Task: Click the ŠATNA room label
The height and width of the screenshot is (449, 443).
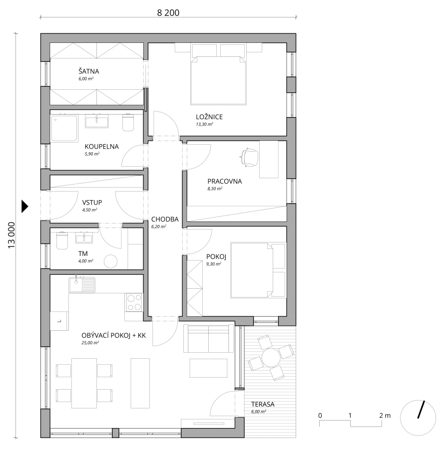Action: tap(88, 71)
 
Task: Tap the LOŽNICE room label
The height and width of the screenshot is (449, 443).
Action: tap(209, 117)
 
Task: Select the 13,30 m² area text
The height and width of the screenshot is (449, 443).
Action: tap(204, 124)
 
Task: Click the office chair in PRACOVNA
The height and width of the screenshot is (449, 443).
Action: tap(249, 157)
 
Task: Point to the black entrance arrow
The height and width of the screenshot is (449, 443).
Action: tap(25, 206)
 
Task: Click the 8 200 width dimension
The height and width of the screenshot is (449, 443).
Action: tap(168, 13)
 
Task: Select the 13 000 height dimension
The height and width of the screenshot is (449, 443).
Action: tap(11, 235)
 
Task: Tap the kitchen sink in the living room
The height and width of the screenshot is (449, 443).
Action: tap(82, 285)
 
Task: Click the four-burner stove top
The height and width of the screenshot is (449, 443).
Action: tap(134, 302)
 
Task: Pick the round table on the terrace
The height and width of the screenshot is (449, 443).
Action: tap(271, 358)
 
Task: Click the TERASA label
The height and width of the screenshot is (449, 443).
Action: tap(263, 404)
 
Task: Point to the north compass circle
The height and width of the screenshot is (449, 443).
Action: tap(418, 418)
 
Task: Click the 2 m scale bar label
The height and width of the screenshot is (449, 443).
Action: tap(385, 415)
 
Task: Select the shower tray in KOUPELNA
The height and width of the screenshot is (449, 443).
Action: tap(64, 129)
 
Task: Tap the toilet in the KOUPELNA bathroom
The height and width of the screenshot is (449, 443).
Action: tap(128, 123)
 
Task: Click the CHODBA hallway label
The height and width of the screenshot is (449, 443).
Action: tap(165, 220)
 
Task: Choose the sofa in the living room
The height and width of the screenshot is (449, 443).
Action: tap(208, 338)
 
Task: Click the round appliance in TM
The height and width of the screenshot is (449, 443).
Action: tap(110, 261)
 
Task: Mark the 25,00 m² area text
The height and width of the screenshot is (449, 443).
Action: tap(90, 343)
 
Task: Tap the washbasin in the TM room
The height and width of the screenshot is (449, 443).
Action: tap(84, 237)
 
